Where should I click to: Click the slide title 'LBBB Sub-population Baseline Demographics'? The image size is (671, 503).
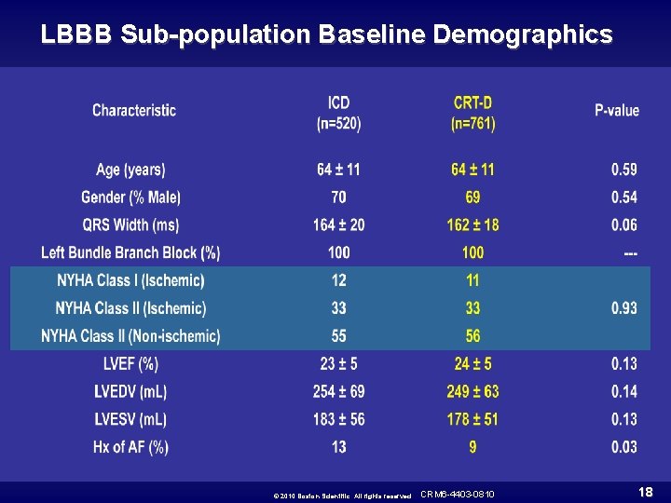click(327, 35)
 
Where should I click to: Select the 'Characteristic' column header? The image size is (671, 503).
click(134, 111)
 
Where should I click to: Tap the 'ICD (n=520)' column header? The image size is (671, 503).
click(338, 112)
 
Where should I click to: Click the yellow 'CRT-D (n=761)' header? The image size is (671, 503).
click(472, 112)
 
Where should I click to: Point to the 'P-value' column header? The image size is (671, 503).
click(617, 111)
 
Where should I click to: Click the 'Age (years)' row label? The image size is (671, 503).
click(130, 170)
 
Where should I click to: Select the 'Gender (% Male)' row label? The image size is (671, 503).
click(131, 197)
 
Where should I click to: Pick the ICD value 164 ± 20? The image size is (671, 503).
click(338, 224)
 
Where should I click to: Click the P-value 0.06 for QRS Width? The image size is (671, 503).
click(623, 224)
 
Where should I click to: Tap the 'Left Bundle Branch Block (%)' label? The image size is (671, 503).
click(130, 252)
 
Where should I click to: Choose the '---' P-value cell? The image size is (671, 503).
click(630, 252)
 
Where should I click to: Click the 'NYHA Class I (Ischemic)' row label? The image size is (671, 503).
click(130, 280)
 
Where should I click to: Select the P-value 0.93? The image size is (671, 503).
click(623, 308)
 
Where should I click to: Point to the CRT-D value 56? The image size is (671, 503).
click(472, 336)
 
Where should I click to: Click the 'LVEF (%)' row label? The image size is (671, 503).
click(130, 363)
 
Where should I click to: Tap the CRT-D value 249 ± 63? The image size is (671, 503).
click(472, 391)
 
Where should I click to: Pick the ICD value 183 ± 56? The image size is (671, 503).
click(338, 419)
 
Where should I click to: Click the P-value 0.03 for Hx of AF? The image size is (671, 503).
click(623, 447)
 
